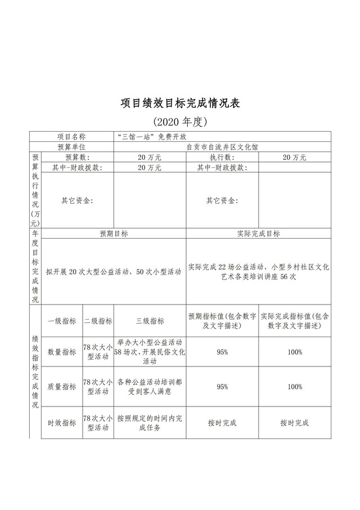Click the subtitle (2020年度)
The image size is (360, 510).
180,121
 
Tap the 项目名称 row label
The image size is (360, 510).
71,136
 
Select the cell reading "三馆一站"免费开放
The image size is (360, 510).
150,136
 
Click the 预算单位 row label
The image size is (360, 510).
71,146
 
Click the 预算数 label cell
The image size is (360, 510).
77,157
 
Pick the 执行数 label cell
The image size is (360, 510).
222,157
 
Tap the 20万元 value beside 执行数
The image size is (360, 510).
294,157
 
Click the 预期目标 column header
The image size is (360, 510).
114,234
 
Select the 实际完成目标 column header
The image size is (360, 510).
259,234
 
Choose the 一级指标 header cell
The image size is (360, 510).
62,321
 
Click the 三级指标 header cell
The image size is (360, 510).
150,321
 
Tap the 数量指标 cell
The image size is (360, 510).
62,352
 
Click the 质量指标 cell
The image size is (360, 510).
62,387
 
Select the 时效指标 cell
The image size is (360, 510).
62,423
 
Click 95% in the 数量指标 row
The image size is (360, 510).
222,352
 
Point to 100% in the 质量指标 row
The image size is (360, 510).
294,387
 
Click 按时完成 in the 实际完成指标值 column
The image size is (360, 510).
294,423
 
